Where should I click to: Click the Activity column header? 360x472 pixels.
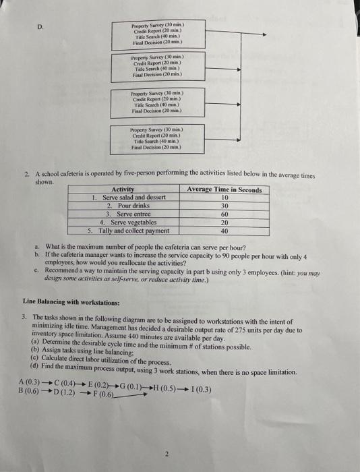coord(122,189)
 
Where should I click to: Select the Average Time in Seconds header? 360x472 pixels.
coord(224,189)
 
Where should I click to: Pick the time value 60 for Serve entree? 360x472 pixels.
coord(224,213)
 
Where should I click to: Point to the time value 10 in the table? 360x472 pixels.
coord(224,198)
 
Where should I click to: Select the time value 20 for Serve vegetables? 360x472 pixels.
coord(224,221)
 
